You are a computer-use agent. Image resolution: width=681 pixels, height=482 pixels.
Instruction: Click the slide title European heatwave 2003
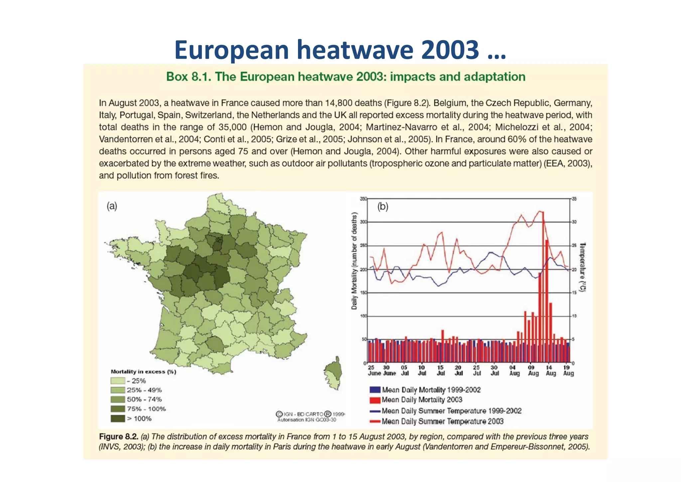click(340, 50)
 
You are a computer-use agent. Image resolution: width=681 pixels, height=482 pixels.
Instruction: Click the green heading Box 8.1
click(345, 77)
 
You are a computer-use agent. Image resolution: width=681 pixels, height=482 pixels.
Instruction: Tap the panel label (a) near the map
click(112, 206)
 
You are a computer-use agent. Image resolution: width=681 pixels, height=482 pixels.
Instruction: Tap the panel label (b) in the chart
click(383, 207)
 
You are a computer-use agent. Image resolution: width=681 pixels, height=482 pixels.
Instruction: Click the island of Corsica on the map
click(334, 373)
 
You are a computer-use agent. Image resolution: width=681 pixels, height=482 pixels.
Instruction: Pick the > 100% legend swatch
click(118, 418)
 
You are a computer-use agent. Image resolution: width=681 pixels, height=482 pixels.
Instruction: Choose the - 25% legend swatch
click(118, 381)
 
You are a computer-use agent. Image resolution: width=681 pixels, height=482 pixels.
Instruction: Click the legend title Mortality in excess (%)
click(143, 371)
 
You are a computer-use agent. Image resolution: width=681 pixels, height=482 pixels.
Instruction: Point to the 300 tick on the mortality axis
click(363, 222)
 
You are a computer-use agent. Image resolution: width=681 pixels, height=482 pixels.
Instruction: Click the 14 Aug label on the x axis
click(550, 370)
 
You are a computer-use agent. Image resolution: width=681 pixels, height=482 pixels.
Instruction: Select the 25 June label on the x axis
click(374, 370)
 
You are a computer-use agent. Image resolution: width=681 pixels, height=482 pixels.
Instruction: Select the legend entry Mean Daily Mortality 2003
click(422, 400)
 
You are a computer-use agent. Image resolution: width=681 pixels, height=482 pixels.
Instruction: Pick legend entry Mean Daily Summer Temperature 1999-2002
click(451, 411)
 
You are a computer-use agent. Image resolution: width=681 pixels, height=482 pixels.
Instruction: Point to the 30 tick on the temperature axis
click(574, 222)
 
